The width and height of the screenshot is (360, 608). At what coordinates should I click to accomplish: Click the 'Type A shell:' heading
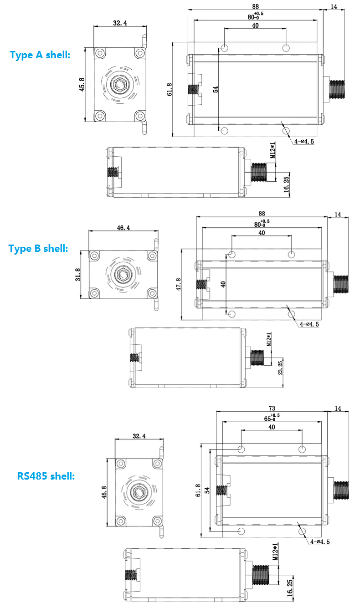pyautogui.click(x=40, y=55)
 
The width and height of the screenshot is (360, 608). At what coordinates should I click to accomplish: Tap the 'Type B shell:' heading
pyautogui.click(x=38, y=249)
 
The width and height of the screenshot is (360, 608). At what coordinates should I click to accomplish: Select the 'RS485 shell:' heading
pyautogui.click(x=46, y=476)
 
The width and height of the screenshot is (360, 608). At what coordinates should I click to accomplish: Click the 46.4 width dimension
pyautogui.click(x=123, y=228)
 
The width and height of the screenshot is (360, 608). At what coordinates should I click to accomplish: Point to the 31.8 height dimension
pyautogui.click(x=78, y=275)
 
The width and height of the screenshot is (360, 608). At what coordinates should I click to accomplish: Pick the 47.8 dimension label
pyautogui.click(x=178, y=284)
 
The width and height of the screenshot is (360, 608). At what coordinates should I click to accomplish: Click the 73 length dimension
pyautogui.click(x=272, y=408)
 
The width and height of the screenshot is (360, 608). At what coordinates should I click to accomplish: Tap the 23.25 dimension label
pyautogui.click(x=280, y=368)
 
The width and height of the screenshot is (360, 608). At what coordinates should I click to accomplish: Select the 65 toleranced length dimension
pyautogui.click(x=272, y=418)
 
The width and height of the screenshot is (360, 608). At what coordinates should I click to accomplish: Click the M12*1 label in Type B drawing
pyautogui.click(x=268, y=339)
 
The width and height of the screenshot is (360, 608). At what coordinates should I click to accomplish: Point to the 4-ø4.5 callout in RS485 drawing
pyautogui.click(x=320, y=542)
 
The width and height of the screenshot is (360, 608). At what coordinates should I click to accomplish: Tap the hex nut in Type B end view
pyautogui.click(x=123, y=275)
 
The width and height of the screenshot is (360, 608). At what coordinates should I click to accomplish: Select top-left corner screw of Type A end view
pyautogui.click(x=100, y=53)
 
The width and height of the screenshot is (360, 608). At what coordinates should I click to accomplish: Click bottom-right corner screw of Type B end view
pyautogui.click(x=152, y=293)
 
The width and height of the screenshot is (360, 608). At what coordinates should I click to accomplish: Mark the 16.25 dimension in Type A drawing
pyautogui.click(x=287, y=184)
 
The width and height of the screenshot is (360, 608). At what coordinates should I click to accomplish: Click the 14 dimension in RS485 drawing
pyautogui.click(x=338, y=408)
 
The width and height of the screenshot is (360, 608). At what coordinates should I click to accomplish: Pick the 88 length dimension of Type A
pyautogui.click(x=256, y=6)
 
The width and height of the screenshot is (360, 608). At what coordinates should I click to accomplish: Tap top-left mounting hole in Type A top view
pyautogui.click(x=224, y=48)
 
